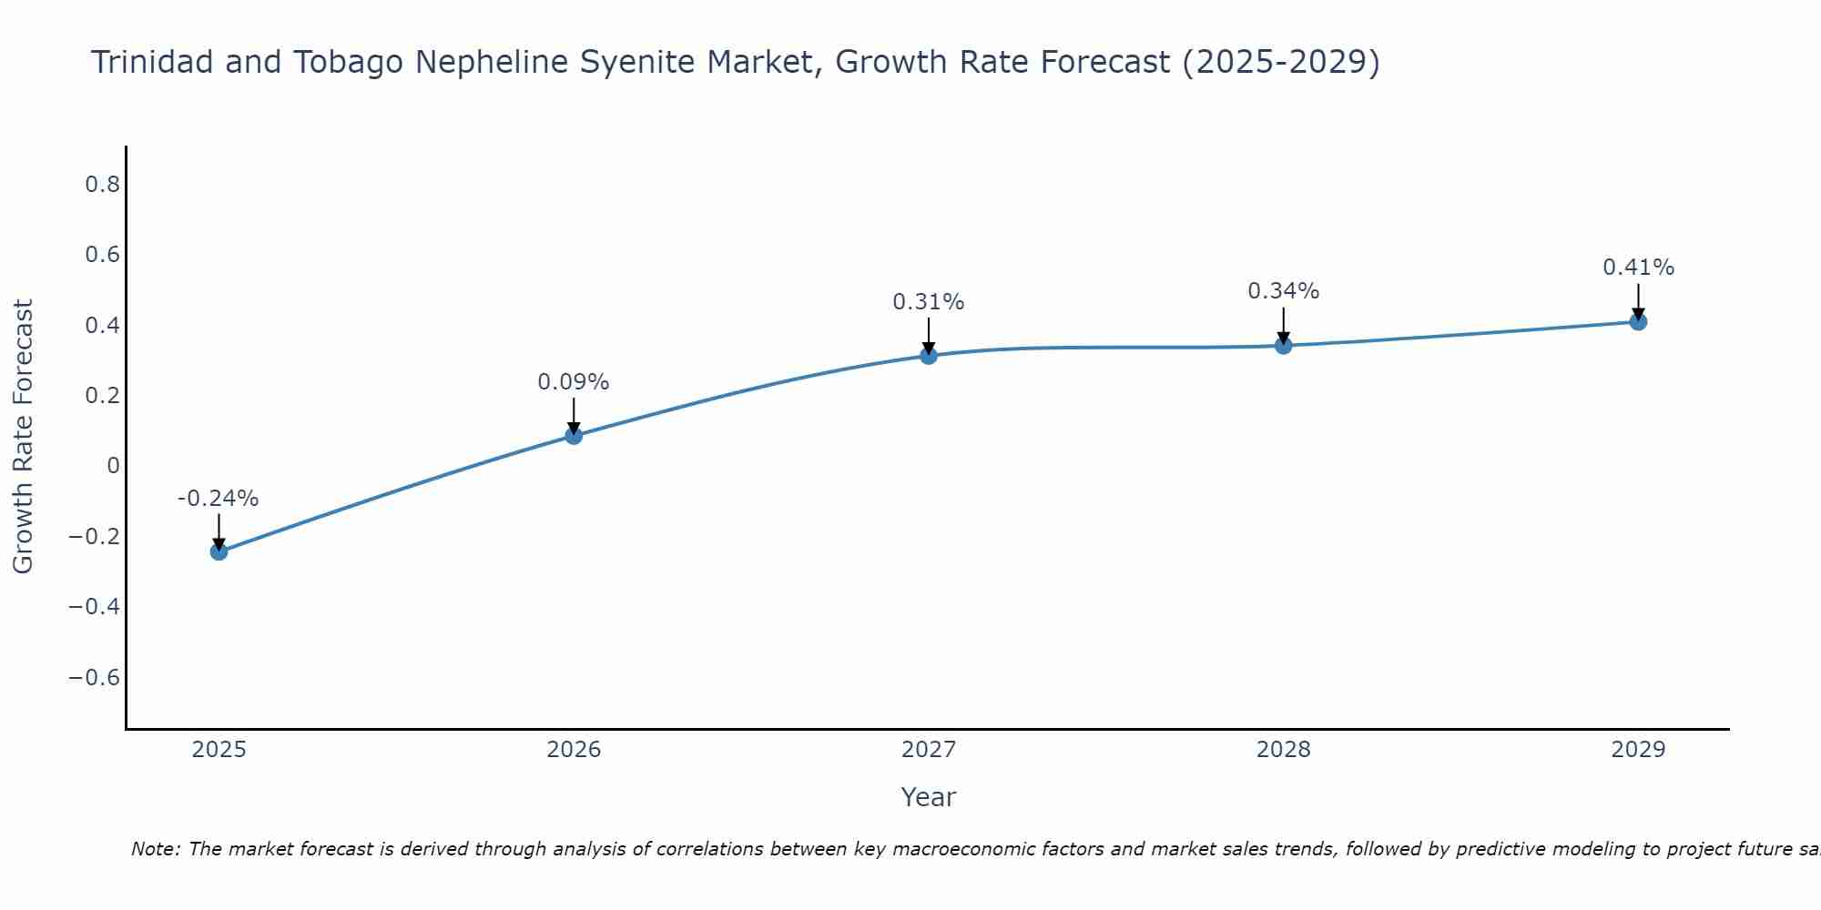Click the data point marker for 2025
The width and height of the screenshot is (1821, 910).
click(x=219, y=551)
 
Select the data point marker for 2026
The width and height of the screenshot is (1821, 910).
click(x=574, y=436)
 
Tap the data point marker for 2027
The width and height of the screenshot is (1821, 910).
click(x=929, y=356)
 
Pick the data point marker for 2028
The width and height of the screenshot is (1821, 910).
click(x=1284, y=346)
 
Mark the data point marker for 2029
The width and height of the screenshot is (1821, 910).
click(x=1638, y=321)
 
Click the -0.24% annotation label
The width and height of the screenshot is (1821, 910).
click(x=219, y=499)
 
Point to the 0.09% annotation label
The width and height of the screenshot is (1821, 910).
click(x=574, y=382)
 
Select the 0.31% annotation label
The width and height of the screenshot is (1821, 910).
click(x=929, y=302)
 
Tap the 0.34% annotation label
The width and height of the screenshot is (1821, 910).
click(x=1284, y=291)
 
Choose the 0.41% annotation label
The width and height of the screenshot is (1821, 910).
click(x=1638, y=268)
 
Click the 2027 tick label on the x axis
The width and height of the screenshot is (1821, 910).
click(x=929, y=750)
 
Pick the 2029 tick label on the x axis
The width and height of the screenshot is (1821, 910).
click(x=1638, y=750)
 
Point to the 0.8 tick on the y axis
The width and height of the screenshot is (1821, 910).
click(x=102, y=185)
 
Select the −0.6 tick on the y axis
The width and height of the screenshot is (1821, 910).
click(x=95, y=677)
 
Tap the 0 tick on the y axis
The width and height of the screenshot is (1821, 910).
click(x=113, y=466)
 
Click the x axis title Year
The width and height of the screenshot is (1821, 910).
click(x=929, y=797)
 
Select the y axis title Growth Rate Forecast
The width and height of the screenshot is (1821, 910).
click(x=23, y=437)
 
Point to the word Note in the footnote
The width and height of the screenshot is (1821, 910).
click(x=156, y=849)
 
